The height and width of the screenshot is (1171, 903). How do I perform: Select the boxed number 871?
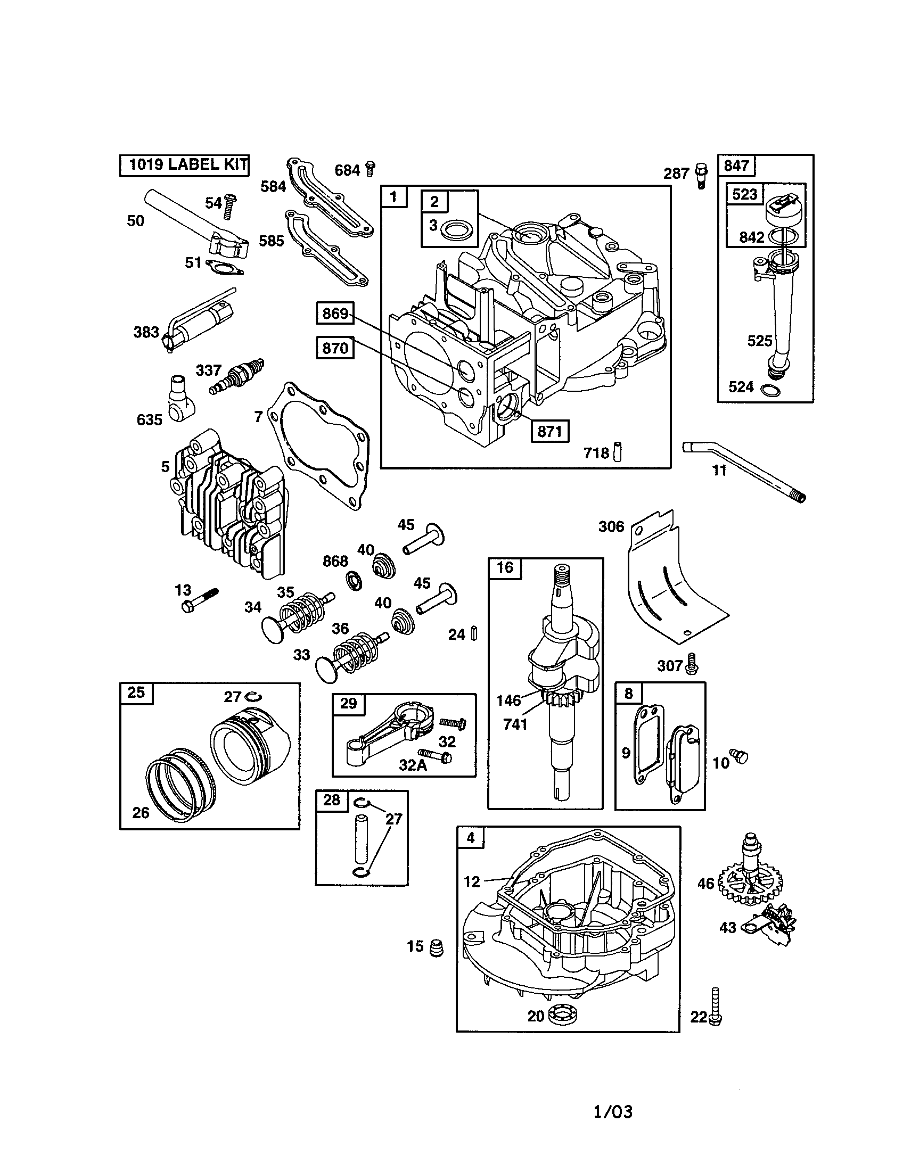coord(549,431)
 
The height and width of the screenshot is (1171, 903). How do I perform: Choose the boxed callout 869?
coord(335,313)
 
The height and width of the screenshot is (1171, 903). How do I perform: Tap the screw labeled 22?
coord(715,1007)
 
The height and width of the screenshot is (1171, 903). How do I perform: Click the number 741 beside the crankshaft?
coord(515,724)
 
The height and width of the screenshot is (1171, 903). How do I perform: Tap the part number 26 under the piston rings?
coord(141,813)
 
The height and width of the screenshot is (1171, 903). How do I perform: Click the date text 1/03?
coord(613,1112)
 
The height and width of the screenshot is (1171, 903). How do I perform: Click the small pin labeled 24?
coord(473,633)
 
